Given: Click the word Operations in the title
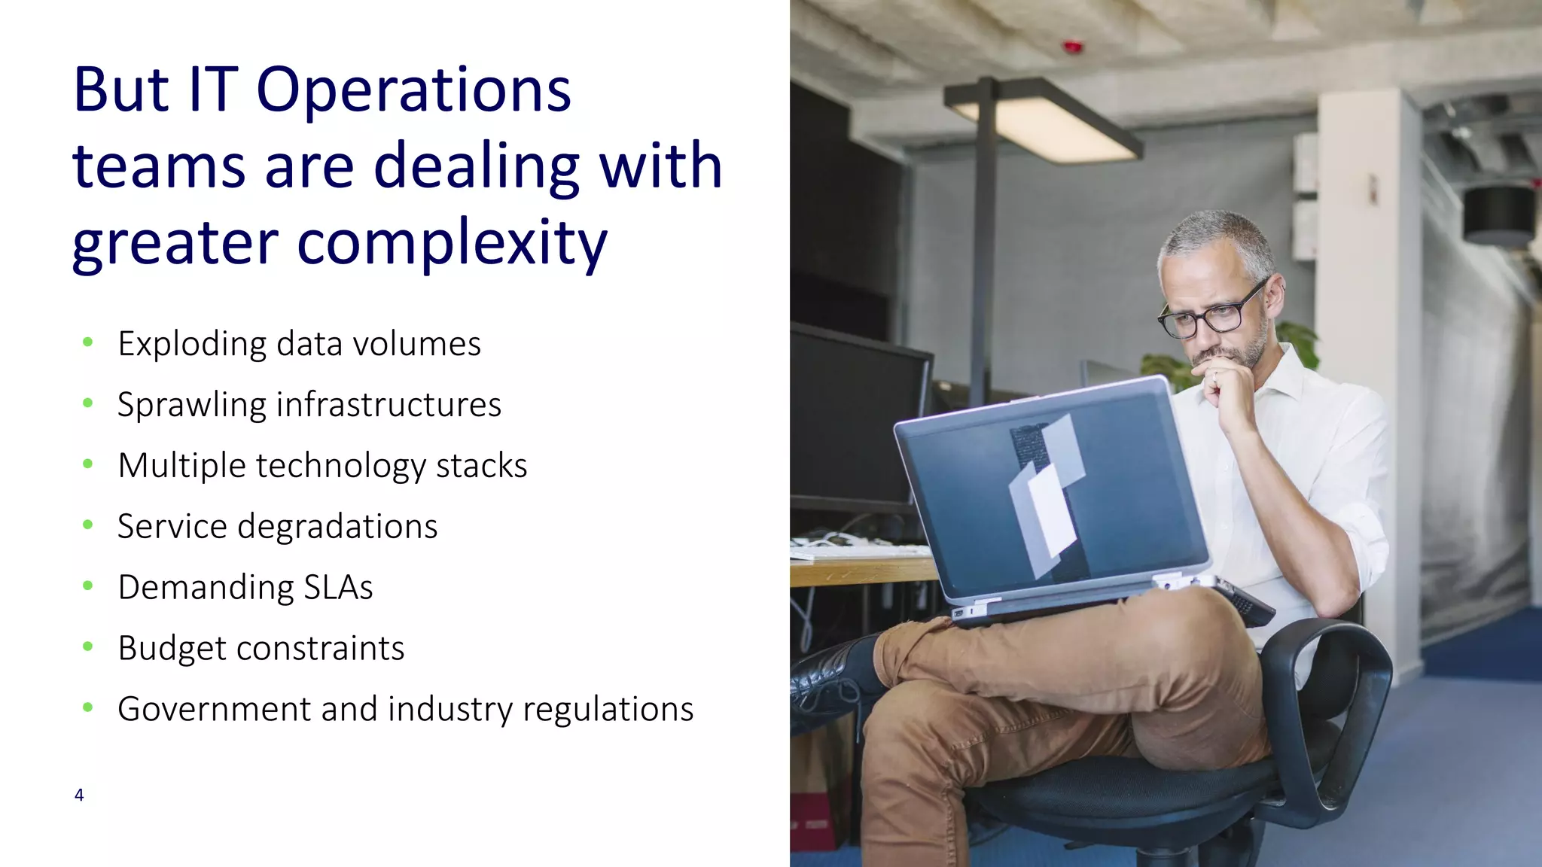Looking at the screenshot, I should coord(413,91).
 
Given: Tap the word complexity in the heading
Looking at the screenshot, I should coord(452,243).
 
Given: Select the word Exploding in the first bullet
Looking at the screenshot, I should coord(192,345).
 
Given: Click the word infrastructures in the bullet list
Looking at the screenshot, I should coord(389,405).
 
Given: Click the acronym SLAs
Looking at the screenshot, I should coord(338,588).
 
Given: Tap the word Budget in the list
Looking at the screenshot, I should coord(171,648).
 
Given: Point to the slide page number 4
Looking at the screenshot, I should coord(79,795).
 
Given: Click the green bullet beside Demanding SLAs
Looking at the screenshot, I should coord(88,586).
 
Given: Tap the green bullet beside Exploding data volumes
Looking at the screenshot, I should coord(88,342).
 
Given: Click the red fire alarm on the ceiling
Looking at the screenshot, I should coord(1073,47).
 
